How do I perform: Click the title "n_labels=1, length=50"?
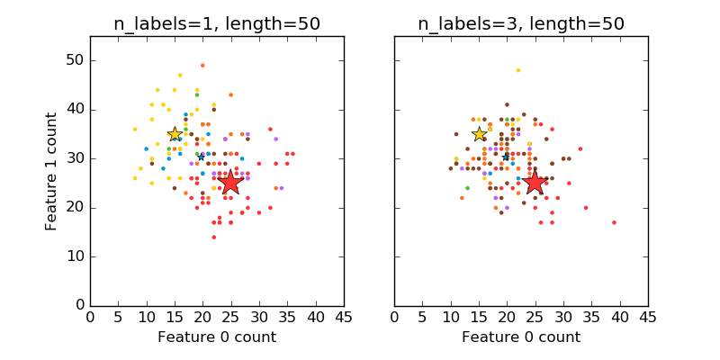pyautogui.click(x=217, y=24)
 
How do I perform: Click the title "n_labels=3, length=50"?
pyautogui.click(x=521, y=24)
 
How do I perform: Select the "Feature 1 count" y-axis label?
pyautogui.click(x=53, y=171)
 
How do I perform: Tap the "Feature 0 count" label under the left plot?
pyautogui.click(x=217, y=337)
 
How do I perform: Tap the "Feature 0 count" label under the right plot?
pyautogui.click(x=521, y=337)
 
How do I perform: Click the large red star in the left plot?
pyautogui.click(x=230, y=182)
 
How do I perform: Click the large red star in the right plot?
pyautogui.click(x=535, y=182)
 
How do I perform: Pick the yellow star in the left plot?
pyautogui.click(x=175, y=133)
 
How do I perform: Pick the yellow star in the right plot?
pyautogui.click(x=479, y=133)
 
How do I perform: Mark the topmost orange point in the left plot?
pyautogui.click(x=202, y=65)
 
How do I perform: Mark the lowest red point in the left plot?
pyautogui.click(x=213, y=237)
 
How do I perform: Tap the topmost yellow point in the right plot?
pyautogui.click(x=517, y=70)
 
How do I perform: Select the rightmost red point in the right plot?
pyautogui.click(x=614, y=222)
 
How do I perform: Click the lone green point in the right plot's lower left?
pyautogui.click(x=467, y=188)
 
